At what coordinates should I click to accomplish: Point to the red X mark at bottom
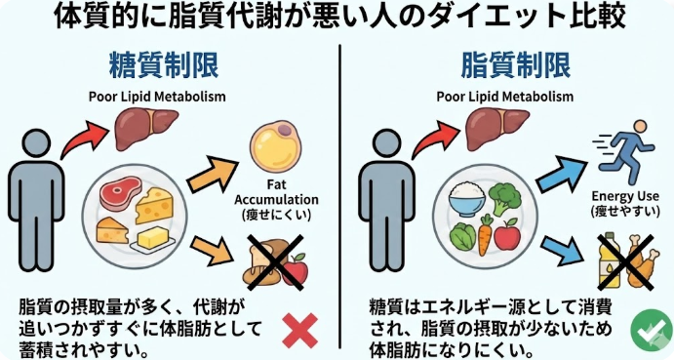pos(298,330)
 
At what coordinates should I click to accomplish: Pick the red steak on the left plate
pos(121,196)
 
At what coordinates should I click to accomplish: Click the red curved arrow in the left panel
pos(81,137)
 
